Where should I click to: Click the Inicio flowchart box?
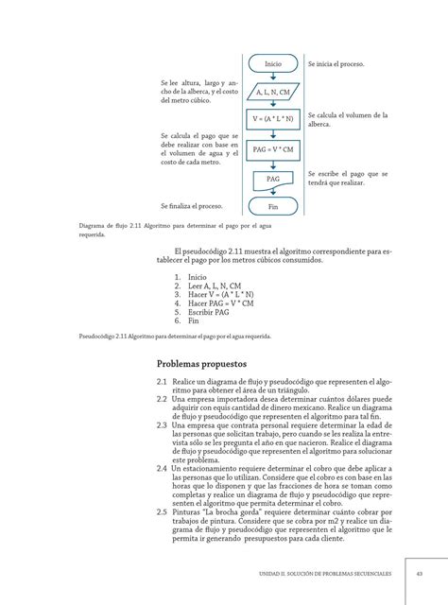(x=273, y=63)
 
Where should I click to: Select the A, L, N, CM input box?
(x=273, y=93)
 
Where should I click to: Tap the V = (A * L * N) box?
(x=273, y=120)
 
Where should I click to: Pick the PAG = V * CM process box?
(x=273, y=149)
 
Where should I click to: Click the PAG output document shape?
(x=273, y=179)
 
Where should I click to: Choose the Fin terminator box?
(x=273, y=206)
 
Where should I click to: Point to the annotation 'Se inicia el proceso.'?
(x=336, y=64)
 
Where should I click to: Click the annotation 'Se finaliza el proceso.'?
(x=192, y=205)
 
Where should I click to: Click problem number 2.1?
(x=163, y=381)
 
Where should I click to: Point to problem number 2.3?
(x=163, y=425)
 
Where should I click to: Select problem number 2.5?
(x=163, y=511)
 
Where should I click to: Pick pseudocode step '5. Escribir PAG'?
(x=201, y=312)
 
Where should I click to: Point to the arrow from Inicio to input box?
(x=273, y=77)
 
